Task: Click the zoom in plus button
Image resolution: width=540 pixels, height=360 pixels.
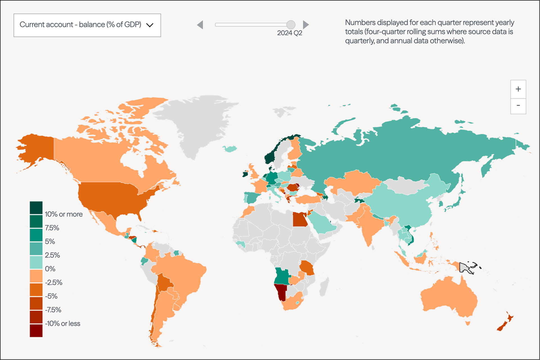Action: [x=518, y=89]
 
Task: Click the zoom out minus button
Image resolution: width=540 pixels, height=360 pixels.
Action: [x=518, y=106]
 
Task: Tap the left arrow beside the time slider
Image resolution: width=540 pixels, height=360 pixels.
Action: [x=200, y=25]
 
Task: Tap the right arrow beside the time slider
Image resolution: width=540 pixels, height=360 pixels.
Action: [x=306, y=25]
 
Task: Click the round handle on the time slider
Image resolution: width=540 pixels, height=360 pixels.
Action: [x=291, y=25]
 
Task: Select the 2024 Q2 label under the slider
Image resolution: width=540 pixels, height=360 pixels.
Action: [x=289, y=33]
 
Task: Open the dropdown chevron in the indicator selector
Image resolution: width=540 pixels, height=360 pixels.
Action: [x=150, y=25]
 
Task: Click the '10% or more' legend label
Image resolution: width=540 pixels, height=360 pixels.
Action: [x=64, y=214]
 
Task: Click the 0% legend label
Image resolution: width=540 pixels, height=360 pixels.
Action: [x=50, y=269]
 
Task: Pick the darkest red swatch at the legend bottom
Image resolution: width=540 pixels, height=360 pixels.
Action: [x=36, y=331]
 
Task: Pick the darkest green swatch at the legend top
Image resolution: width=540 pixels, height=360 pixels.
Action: [x=36, y=208]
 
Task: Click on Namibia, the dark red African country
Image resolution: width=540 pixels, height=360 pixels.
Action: [x=281, y=291]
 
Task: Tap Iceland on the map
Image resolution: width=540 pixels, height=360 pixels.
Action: [x=230, y=149]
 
